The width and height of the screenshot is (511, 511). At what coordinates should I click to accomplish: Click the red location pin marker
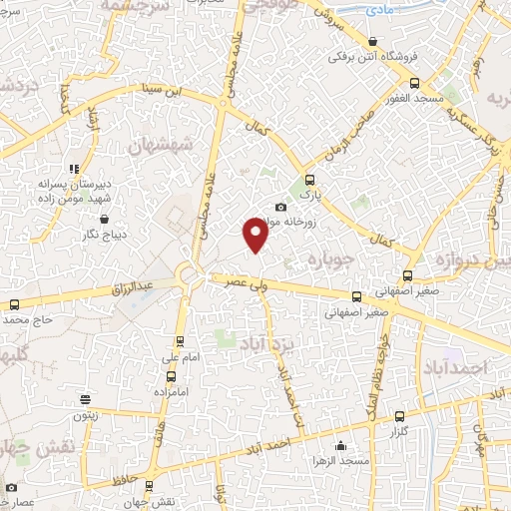255,236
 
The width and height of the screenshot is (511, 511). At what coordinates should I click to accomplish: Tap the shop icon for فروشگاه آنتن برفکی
373,41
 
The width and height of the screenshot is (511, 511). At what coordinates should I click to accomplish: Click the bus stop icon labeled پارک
308,181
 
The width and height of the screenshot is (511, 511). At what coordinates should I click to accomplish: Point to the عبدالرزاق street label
134,286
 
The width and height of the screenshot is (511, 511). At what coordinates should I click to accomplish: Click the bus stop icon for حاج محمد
14,305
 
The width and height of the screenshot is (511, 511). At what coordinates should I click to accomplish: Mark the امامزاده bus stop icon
172,376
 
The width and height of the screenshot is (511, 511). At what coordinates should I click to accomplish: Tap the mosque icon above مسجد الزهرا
340,446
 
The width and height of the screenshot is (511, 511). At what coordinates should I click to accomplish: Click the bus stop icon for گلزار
400,416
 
